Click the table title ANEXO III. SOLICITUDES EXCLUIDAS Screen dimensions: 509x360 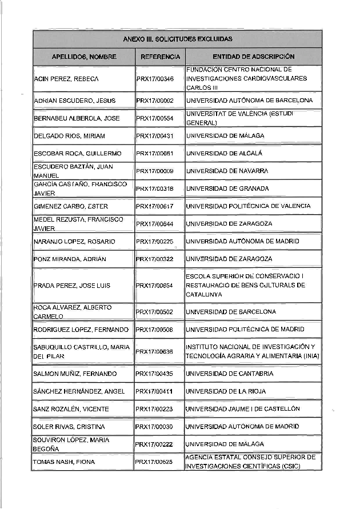click(x=178, y=39)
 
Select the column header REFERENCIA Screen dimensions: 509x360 click(x=160, y=57)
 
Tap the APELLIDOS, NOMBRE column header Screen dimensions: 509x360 click(x=84, y=57)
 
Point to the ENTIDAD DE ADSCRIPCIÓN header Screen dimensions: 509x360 click(x=253, y=57)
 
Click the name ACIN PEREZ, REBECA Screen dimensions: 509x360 click(x=66, y=78)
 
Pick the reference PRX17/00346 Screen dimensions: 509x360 click(x=155, y=78)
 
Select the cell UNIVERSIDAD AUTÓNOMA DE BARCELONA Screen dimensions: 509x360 click(x=249, y=101)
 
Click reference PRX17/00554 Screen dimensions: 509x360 click(x=155, y=118)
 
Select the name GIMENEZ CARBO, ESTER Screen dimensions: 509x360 click(x=71, y=206)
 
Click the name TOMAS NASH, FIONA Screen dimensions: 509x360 click(x=64, y=462)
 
